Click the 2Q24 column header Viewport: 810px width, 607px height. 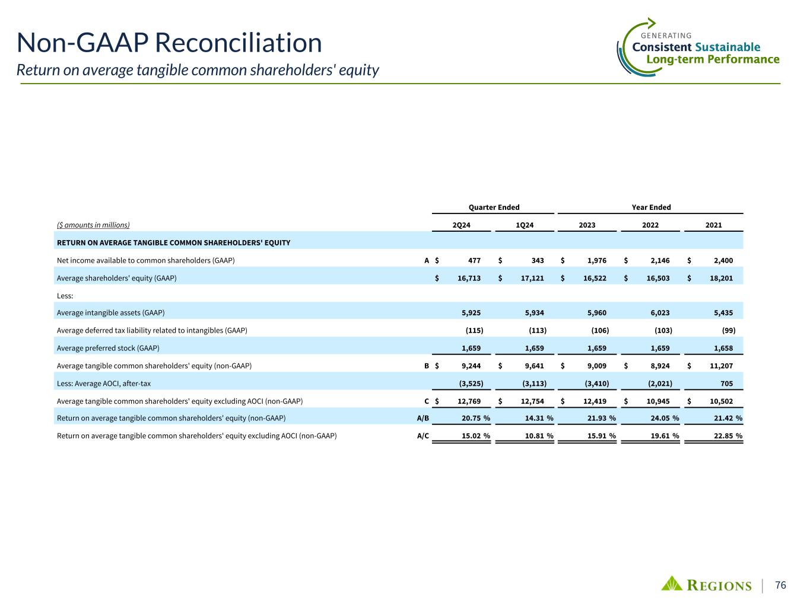[x=462, y=225]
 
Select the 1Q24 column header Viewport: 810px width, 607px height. [x=525, y=225]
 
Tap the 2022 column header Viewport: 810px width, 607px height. [x=650, y=225]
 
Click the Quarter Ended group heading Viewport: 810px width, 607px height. [x=494, y=207]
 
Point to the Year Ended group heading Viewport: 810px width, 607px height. [x=651, y=207]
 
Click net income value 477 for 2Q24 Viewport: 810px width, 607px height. [x=474, y=260]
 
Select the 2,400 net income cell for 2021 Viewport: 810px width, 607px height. [x=723, y=260]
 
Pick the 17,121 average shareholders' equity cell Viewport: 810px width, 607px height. [x=532, y=278]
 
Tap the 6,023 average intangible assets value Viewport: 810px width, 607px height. [x=660, y=312]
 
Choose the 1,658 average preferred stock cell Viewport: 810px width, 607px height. [x=723, y=348]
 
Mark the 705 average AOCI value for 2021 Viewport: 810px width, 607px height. [x=726, y=384]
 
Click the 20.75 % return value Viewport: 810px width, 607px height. [x=475, y=418]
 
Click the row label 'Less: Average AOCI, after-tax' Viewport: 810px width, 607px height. [x=103, y=384]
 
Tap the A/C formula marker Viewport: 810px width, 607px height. [x=423, y=436]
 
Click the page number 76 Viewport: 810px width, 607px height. [x=781, y=585]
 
